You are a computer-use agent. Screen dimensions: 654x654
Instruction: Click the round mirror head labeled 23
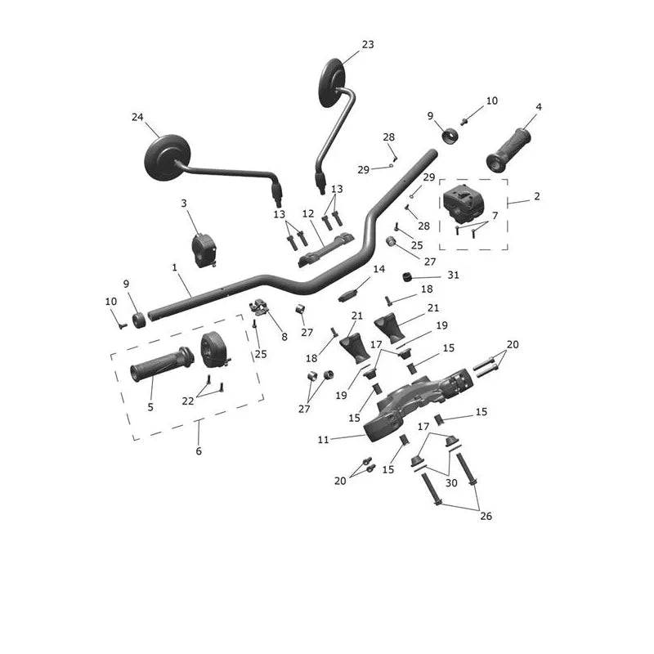tap(332, 83)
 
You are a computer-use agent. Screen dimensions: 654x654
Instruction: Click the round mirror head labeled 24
tap(168, 158)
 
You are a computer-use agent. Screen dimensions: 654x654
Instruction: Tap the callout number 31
tap(453, 275)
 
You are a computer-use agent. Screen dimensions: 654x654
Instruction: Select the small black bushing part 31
tap(407, 277)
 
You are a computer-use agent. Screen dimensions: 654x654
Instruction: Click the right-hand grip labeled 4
tap(508, 150)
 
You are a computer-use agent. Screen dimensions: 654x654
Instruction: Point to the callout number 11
tap(323, 439)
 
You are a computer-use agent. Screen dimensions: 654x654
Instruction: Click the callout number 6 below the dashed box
tap(199, 451)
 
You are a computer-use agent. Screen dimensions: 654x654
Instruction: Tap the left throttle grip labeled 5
tap(162, 365)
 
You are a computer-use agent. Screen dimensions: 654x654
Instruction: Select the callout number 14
tap(379, 269)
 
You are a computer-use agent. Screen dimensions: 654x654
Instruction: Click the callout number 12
tap(308, 214)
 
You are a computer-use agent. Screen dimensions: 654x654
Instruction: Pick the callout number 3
tap(183, 203)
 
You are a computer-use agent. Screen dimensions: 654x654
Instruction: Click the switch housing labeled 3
tap(203, 250)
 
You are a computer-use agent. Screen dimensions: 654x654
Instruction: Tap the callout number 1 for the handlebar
tap(174, 267)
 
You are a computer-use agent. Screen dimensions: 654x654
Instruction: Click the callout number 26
tap(486, 516)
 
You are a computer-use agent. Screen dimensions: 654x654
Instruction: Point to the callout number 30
tap(451, 482)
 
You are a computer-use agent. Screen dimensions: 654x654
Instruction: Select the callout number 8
tap(284, 337)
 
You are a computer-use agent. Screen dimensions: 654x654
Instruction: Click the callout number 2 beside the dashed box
tap(537, 196)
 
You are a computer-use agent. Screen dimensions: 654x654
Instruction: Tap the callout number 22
tap(188, 401)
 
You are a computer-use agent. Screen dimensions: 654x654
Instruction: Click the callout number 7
tap(495, 216)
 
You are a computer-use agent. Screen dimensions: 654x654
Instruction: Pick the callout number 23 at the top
tap(368, 44)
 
